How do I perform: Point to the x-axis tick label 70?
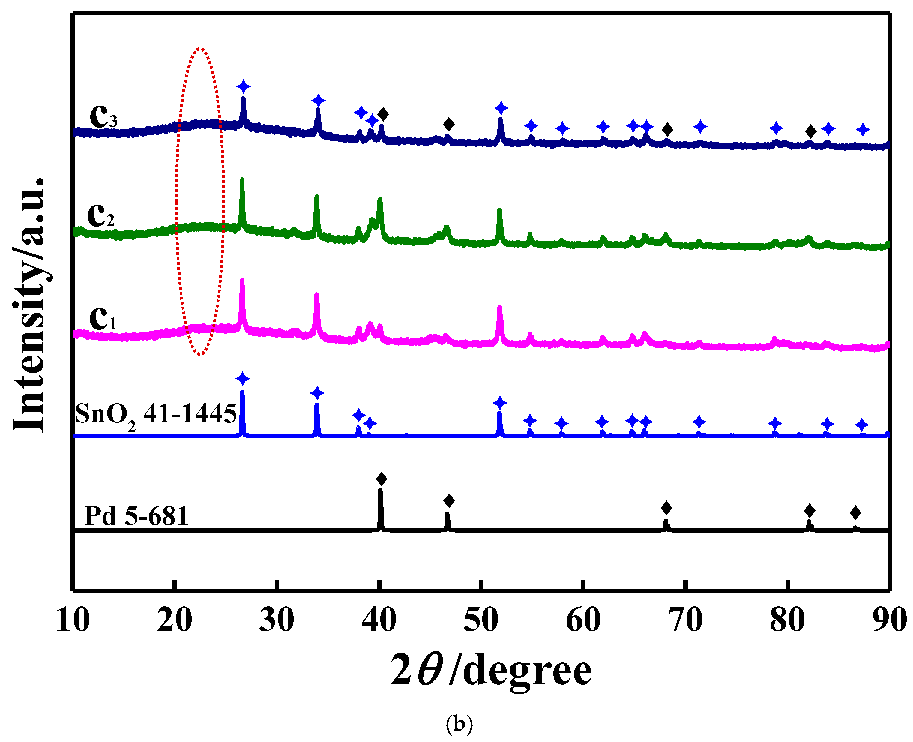[x=686, y=620]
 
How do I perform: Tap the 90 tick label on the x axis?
[x=890, y=620]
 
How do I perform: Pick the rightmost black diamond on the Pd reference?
[x=855, y=512]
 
